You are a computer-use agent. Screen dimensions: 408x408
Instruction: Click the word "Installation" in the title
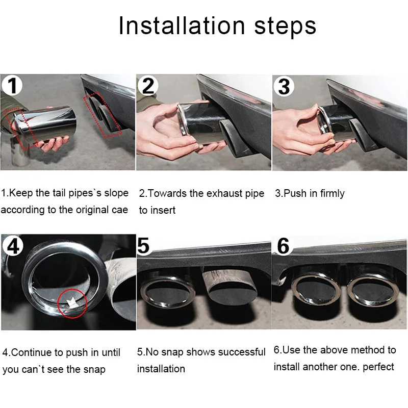pos(182,25)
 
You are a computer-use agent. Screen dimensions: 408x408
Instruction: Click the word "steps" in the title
pos(285,27)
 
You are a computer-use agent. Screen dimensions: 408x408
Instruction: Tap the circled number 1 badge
pos(12,85)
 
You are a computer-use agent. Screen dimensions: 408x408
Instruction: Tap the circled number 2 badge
pos(148,86)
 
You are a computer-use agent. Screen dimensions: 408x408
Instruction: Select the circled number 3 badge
pos(284,86)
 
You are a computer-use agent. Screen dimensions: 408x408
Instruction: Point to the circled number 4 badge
pos(13,246)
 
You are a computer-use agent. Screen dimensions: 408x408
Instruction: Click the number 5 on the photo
pos(143,245)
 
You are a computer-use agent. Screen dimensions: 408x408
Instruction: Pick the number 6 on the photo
pos(283,246)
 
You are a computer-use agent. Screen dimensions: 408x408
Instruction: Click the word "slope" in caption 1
pos(116,193)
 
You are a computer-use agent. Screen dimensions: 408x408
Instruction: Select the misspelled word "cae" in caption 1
pos(120,210)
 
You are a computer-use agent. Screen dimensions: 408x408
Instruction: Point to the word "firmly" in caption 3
pos(333,193)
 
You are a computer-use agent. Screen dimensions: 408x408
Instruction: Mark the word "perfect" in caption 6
pos(378,367)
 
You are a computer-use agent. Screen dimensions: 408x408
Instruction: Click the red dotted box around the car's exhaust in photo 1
pos(103,115)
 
